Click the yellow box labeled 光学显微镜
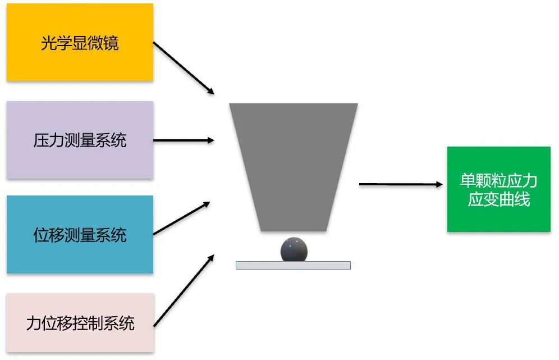[x=80, y=42]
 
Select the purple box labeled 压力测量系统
[x=80, y=140]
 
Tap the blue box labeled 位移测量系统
[x=80, y=234]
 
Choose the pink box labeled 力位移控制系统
[x=80, y=323]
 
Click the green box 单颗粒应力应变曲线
[x=498, y=189]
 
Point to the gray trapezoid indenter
[x=293, y=163]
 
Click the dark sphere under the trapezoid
[x=294, y=249]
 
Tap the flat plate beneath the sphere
[x=293, y=265]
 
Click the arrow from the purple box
[x=184, y=140]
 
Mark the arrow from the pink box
[x=184, y=290]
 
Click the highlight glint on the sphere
[x=289, y=243]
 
